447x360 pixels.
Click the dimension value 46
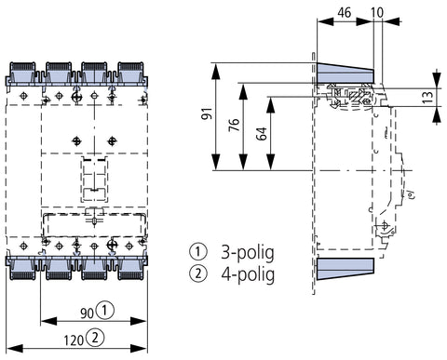[x=344, y=13]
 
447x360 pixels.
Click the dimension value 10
[x=377, y=13]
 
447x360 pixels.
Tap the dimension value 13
[x=427, y=97]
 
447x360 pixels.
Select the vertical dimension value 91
[x=207, y=113]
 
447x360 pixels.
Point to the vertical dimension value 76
[x=235, y=125]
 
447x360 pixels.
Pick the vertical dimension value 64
[x=262, y=134]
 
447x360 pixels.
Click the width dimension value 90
[x=87, y=313]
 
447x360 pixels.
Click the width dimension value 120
[x=74, y=340]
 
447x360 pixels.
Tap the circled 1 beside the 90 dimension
[x=105, y=310]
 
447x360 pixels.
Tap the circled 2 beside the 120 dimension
[x=95, y=338]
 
